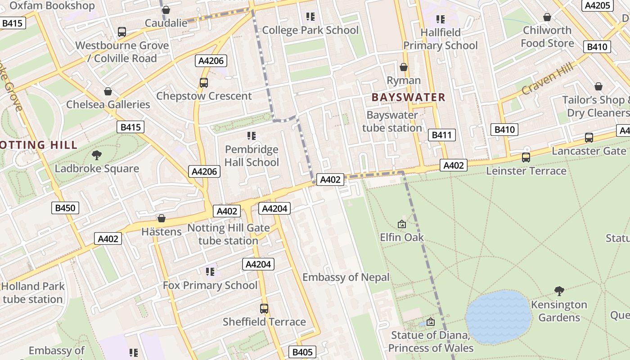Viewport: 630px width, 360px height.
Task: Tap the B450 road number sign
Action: click(65, 207)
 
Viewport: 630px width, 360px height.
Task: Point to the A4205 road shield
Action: click(598, 5)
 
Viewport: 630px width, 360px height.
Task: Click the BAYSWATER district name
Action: click(408, 97)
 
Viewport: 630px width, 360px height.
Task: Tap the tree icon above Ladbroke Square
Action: click(96, 156)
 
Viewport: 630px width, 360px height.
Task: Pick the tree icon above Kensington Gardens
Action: click(559, 291)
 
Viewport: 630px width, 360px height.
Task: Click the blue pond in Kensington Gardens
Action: click(499, 317)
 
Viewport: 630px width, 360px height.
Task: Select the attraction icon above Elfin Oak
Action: click(401, 224)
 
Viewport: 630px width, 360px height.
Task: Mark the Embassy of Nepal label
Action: click(346, 277)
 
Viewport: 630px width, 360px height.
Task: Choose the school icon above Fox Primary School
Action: click(210, 271)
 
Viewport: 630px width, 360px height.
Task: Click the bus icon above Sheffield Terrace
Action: click(264, 309)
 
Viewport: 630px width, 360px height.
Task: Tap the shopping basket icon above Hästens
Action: click(162, 219)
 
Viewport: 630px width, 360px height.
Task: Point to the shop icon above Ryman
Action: click(404, 67)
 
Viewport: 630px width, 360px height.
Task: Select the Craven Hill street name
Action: click(548, 79)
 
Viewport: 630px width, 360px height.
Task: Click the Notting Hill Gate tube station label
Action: click(228, 234)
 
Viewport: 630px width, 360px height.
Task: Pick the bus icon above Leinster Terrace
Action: click(526, 157)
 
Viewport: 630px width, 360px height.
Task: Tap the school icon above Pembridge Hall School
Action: click(252, 135)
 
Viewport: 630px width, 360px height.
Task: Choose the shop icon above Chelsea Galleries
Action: click(108, 91)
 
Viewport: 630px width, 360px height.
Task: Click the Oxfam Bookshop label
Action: click(52, 5)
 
